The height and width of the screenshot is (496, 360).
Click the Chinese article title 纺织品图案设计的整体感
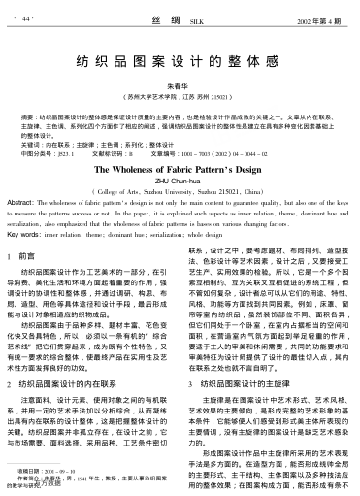(x=180, y=60)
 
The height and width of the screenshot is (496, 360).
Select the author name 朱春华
(x=180, y=85)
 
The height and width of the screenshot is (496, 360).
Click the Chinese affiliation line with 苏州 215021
(x=180, y=97)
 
